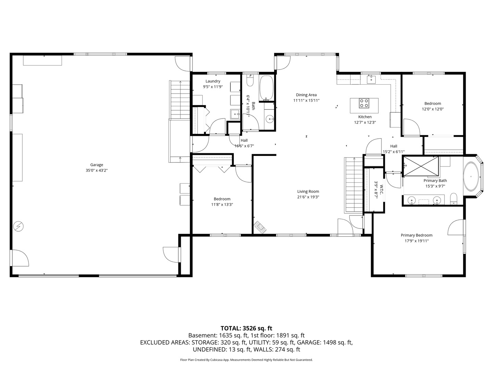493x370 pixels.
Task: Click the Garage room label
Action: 97,165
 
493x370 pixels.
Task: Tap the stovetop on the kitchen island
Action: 364,103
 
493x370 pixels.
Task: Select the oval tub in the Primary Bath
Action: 471,176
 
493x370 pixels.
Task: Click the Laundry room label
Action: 213,81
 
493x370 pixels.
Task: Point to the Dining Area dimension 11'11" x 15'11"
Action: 306,100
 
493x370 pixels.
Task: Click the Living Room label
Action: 308,192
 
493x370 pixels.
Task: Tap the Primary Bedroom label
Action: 416,235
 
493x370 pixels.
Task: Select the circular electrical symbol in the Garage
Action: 18,226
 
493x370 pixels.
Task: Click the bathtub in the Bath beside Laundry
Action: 266,88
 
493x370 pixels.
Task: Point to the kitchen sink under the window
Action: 371,80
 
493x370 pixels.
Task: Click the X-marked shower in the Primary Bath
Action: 421,166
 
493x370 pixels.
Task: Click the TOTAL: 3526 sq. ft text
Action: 246,328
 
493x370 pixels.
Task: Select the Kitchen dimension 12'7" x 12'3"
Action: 365,122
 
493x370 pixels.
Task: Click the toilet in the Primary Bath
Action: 454,199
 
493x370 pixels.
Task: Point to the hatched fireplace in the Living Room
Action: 260,227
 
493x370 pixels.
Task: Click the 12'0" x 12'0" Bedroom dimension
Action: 433,109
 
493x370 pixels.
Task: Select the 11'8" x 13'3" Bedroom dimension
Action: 222,205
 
